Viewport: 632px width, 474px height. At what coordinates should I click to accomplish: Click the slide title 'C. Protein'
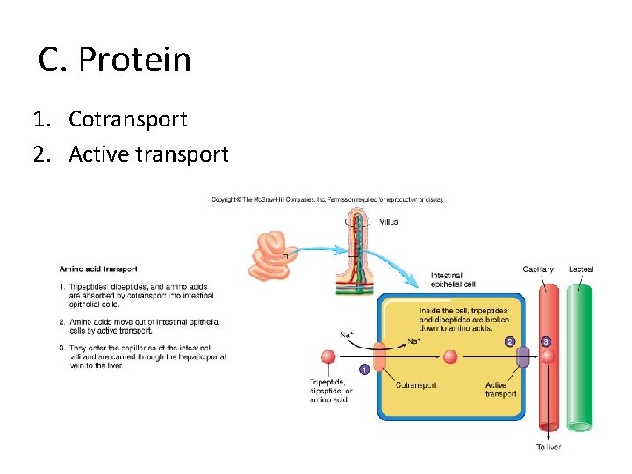tap(115, 60)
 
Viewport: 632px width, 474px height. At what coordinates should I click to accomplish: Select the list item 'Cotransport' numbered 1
tap(128, 118)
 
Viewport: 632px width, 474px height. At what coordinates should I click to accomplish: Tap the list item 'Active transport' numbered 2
tap(148, 154)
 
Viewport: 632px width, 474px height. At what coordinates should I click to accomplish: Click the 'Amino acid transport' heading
tap(98, 269)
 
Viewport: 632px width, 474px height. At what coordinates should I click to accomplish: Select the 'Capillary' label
tap(538, 269)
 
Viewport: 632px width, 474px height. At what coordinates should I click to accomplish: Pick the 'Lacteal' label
tap(581, 269)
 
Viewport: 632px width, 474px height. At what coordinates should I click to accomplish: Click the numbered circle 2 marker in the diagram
tap(508, 341)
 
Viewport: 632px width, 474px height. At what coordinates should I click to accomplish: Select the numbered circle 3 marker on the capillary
tap(546, 341)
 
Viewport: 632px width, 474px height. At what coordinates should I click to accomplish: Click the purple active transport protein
tap(522, 357)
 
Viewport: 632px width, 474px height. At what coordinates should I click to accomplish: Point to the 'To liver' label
tap(549, 448)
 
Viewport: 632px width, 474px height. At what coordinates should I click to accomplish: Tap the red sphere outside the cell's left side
tap(328, 357)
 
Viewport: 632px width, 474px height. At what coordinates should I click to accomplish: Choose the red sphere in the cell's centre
tap(450, 357)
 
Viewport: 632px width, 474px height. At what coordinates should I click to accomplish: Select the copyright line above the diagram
tap(327, 199)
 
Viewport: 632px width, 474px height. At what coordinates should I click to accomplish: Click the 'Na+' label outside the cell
tap(348, 334)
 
